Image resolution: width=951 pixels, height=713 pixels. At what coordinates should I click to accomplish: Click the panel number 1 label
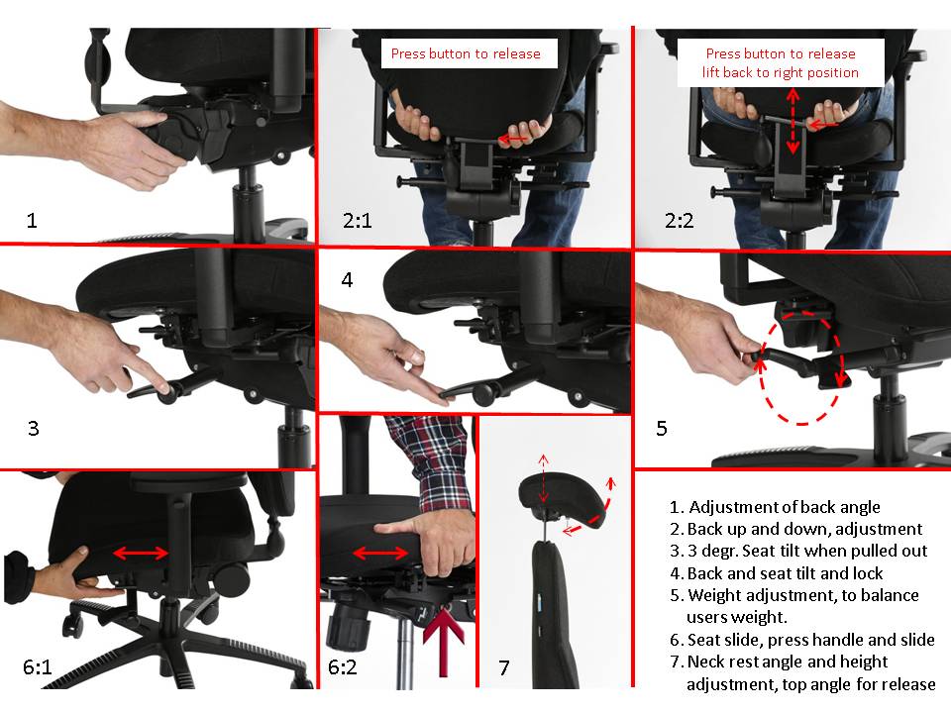32,220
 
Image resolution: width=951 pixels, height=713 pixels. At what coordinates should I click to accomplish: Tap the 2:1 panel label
358,220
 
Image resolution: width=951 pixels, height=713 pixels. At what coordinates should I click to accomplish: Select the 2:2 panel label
680,220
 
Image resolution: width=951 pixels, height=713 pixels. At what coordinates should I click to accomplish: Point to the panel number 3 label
34,428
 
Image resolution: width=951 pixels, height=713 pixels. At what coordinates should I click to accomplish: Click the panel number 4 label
347,279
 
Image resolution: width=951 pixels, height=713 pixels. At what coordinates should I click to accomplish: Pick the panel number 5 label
662,428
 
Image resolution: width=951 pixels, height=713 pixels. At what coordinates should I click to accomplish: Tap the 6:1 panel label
38,666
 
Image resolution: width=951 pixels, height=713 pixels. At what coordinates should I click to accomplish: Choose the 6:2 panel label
342,666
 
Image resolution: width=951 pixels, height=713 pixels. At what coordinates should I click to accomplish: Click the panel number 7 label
504,667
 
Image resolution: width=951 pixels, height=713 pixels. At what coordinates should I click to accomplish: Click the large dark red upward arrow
444,643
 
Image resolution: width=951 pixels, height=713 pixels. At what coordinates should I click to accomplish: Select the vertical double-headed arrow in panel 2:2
792,121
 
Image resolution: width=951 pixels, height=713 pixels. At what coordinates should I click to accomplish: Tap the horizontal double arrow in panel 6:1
141,553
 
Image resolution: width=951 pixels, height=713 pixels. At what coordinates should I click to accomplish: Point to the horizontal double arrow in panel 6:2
380,553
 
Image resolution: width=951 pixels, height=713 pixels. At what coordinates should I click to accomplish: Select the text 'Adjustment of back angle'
785,506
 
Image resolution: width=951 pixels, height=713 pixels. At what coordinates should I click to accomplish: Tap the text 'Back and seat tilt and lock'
785,573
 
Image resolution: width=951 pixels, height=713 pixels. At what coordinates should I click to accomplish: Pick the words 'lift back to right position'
781,72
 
